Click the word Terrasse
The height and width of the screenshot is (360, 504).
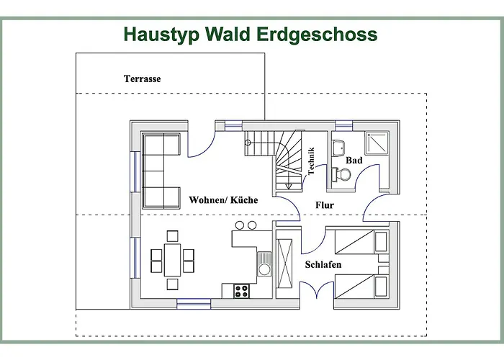point(142,78)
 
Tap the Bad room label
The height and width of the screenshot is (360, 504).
point(354,161)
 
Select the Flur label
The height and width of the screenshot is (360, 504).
point(325,205)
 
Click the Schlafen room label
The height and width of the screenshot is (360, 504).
point(323,265)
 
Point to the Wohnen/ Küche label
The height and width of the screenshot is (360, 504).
point(223,199)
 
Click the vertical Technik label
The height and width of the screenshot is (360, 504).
point(311,161)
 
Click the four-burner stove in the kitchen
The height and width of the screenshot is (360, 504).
point(240,290)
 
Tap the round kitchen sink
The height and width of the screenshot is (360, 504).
point(264,270)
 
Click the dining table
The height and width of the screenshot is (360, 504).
point(173,260)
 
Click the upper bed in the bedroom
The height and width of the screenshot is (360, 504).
point(357,242)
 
